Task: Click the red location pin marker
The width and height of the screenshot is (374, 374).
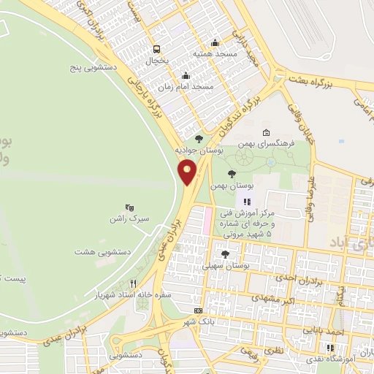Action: (188, 172)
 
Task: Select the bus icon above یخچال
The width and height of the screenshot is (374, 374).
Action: (156, 50)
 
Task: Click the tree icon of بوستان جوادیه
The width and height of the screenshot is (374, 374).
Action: (199, 138)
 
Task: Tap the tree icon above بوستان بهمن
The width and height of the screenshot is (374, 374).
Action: (232, 174)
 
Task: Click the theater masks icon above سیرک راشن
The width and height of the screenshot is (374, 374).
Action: (129, 207)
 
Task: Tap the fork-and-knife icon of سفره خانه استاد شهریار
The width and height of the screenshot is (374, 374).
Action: (133, 283)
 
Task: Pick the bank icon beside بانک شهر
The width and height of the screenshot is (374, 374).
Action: (198, 311)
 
